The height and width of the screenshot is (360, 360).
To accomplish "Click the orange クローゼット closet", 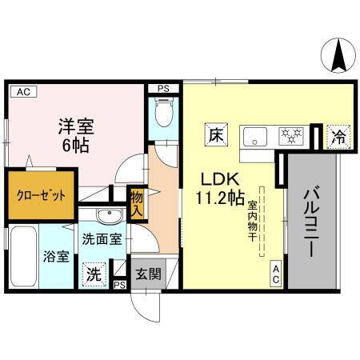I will [x=42, y=194].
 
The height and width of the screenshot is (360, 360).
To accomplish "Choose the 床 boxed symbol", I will [x=215, y=135].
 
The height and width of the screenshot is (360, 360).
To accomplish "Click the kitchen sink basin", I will [x=258, y=135].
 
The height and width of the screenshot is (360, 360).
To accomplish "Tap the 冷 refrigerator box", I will [x=338, y=137].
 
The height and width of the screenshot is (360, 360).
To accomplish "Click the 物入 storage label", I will [x=136, y=203].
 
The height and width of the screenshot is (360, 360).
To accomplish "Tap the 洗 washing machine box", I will [x=94, y=272].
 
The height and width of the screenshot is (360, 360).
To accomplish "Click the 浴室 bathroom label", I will [x=57, y=258].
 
